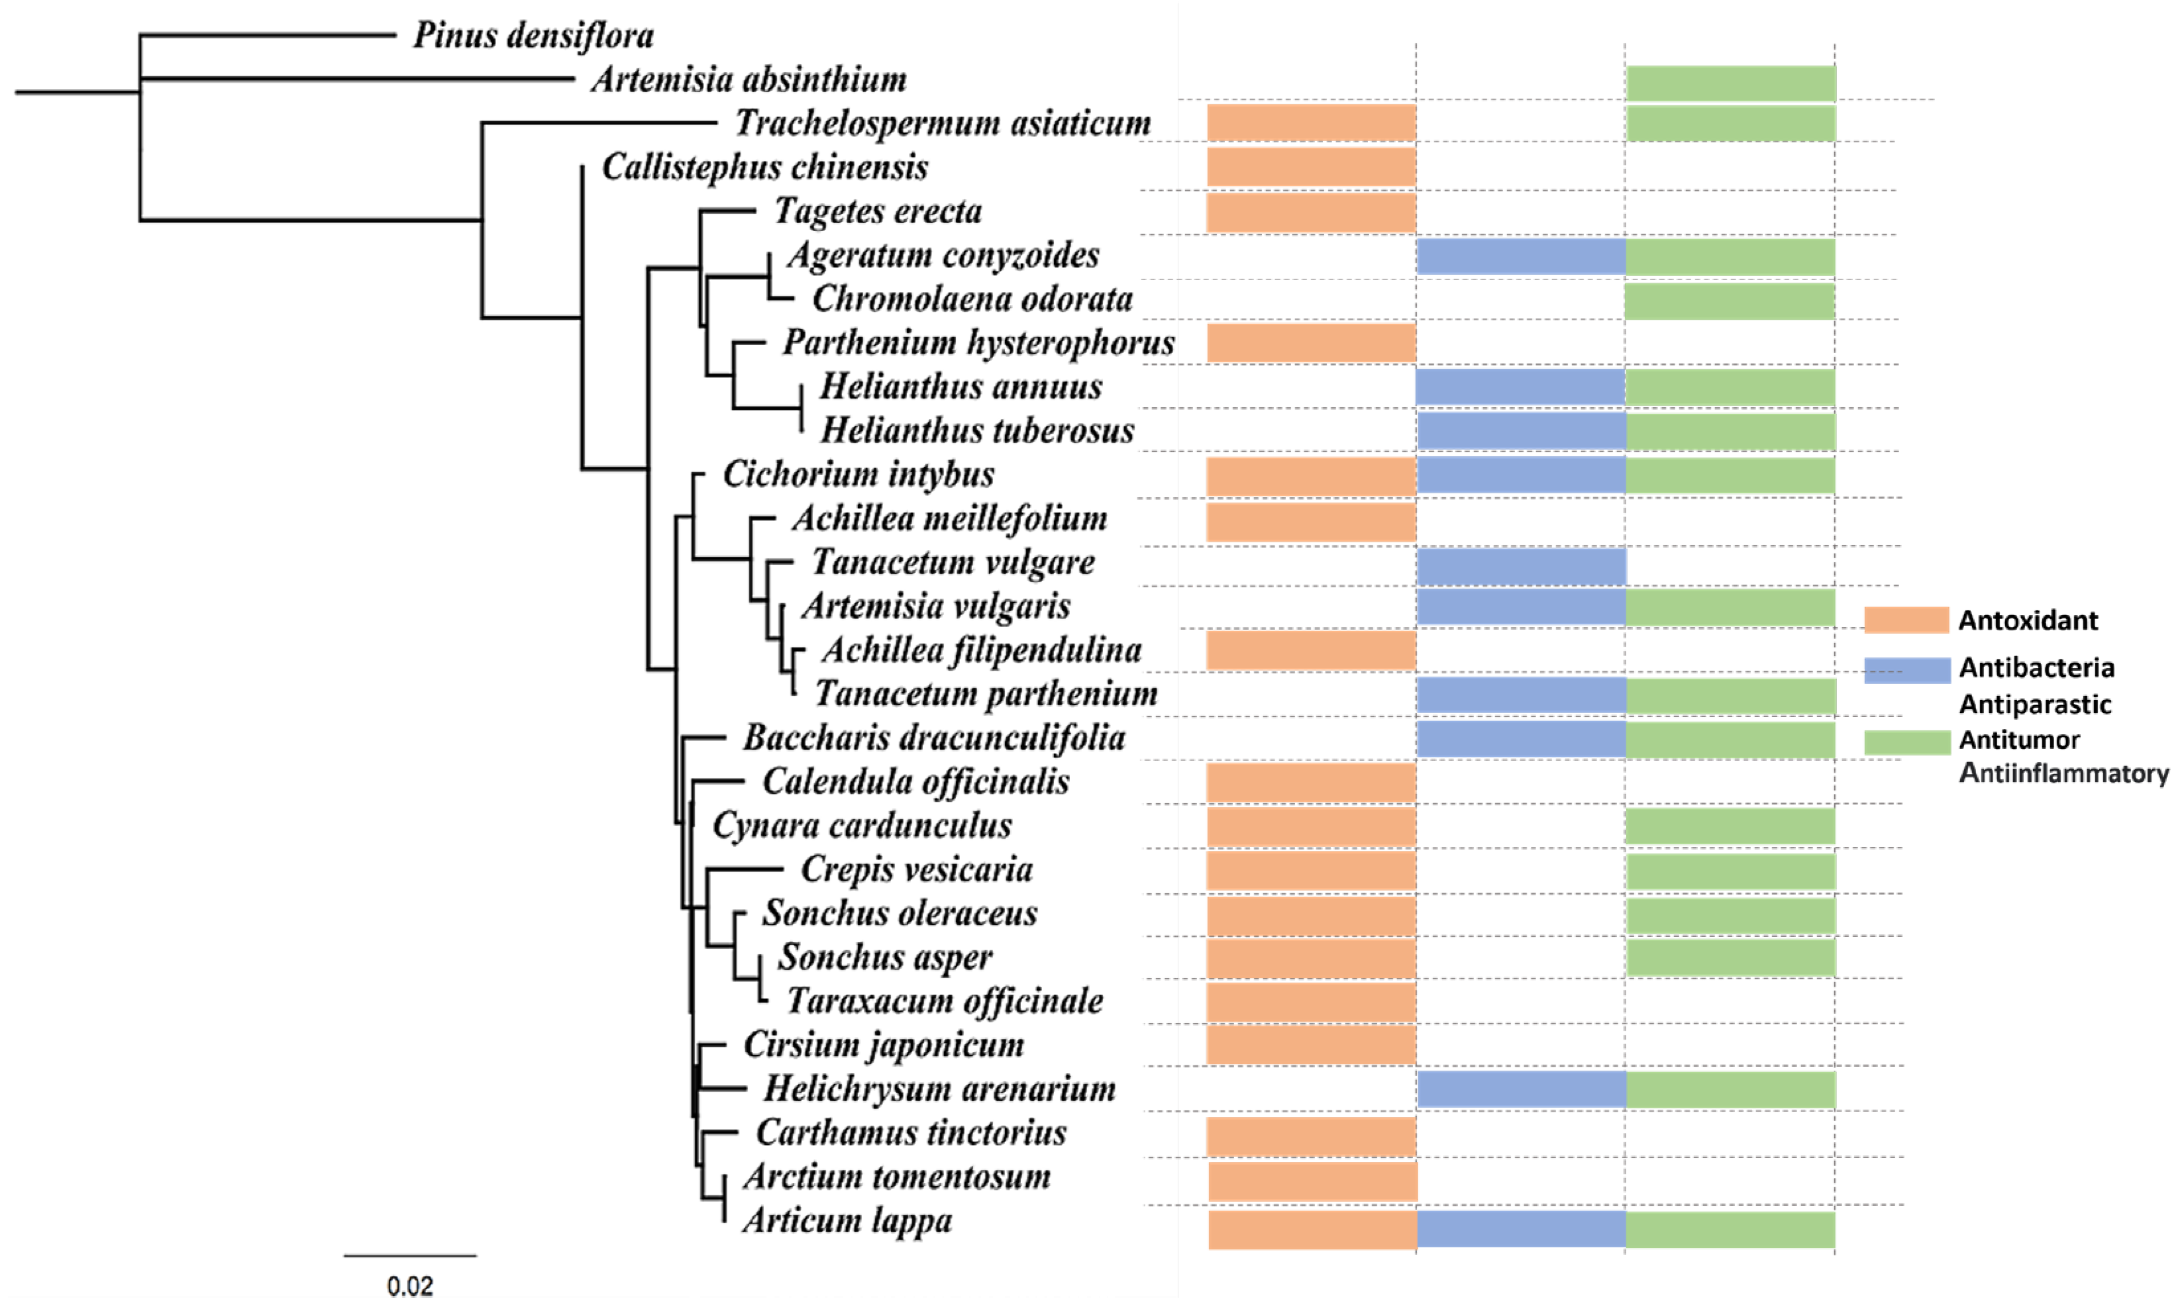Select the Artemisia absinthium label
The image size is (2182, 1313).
pos(749,79)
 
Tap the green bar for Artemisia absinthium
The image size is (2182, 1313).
pos(1730,83)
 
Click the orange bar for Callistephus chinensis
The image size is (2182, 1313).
pos(1311,166)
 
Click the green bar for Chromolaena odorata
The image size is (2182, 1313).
pos(1730,301)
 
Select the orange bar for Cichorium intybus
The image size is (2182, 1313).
pos(1311,476)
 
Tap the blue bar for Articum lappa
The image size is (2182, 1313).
pos(1521,1230)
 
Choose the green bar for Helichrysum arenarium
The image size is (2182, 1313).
pos(1730,1090)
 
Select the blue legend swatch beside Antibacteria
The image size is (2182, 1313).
pos(1906,670)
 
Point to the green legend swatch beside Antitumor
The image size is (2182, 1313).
pos(1906,742)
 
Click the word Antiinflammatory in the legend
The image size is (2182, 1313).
pos(2063,773)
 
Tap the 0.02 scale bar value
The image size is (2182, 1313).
pos(410,1286)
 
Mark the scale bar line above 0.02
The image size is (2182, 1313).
pos(410,1255)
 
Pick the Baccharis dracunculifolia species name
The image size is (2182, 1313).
pos(934,738)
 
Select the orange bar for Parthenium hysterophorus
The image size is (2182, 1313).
pos(1311,343)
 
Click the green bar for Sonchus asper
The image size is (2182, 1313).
pos(1730,958)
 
